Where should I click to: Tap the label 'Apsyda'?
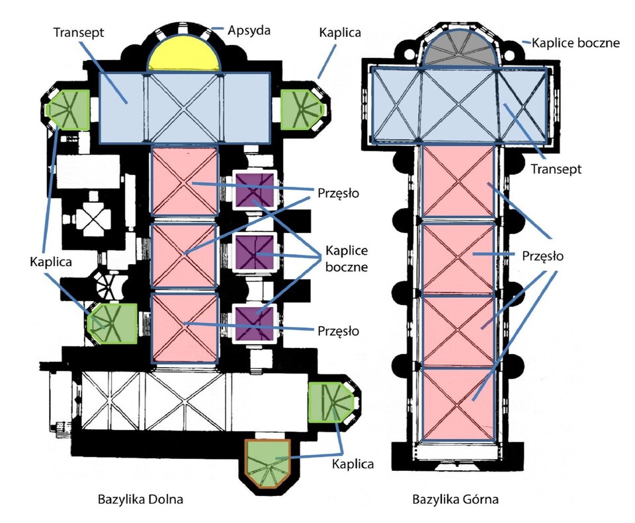pyautogui.click(x=249, y=30)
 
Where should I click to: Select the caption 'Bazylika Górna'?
pyautogui.click(x=453, y=499)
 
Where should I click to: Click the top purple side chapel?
pyautogui.click(x=255, y=191)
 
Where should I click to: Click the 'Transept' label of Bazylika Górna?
pyautogui.click(x=556, y=169)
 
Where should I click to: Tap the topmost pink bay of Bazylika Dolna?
pyautogui.click(x=185, y=181)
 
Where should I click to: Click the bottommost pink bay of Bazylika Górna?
pyautogui.click(x=458, y=403)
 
